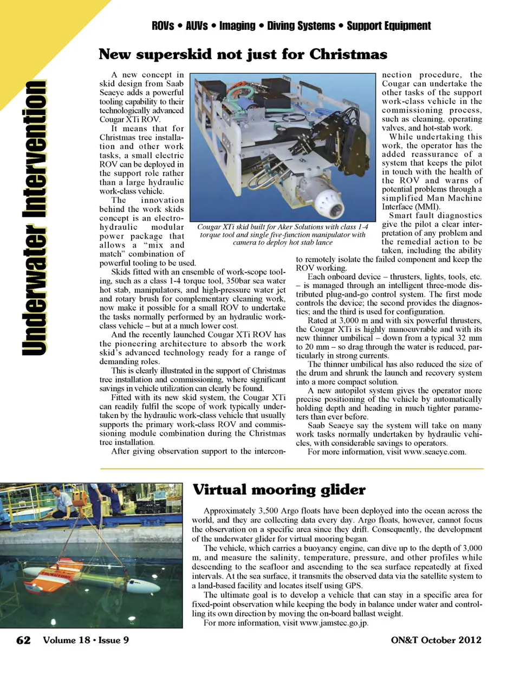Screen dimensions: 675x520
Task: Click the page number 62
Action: pos(23,640)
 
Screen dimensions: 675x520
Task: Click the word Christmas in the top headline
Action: pos(348,55)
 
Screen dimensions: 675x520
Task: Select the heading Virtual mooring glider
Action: pos(279,490)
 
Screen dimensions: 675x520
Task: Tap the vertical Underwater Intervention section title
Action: pos(34,217)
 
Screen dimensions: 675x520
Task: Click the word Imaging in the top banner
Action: pos(237,26)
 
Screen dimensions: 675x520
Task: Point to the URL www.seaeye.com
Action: pos(434,452)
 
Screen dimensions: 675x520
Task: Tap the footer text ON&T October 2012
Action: pos(435,640)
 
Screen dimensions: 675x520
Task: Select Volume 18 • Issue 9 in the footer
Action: pos(86,640)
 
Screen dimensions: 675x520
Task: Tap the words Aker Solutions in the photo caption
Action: pos(300,227)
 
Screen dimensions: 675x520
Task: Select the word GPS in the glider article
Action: pos(354,586)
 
